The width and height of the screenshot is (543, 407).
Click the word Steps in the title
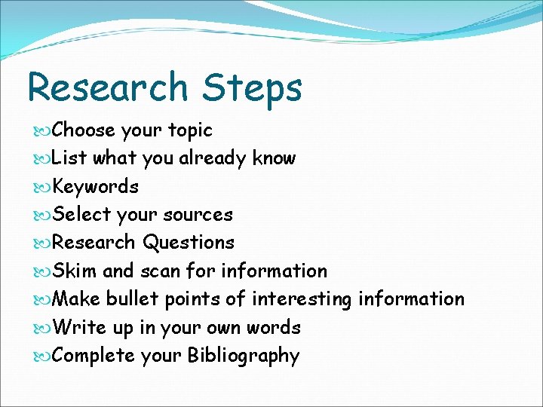point(252,87)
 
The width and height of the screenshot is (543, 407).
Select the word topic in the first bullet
point(189,130)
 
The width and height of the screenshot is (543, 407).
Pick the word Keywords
point(96,186)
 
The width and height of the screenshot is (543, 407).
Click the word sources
point(199,215)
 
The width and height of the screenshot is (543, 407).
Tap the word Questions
point(189,243)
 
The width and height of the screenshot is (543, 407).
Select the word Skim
point(75,271)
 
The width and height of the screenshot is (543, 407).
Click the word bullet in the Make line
point(132,299)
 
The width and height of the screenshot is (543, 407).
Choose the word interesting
point(302,299)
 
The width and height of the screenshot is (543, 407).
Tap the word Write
point(79,328)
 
